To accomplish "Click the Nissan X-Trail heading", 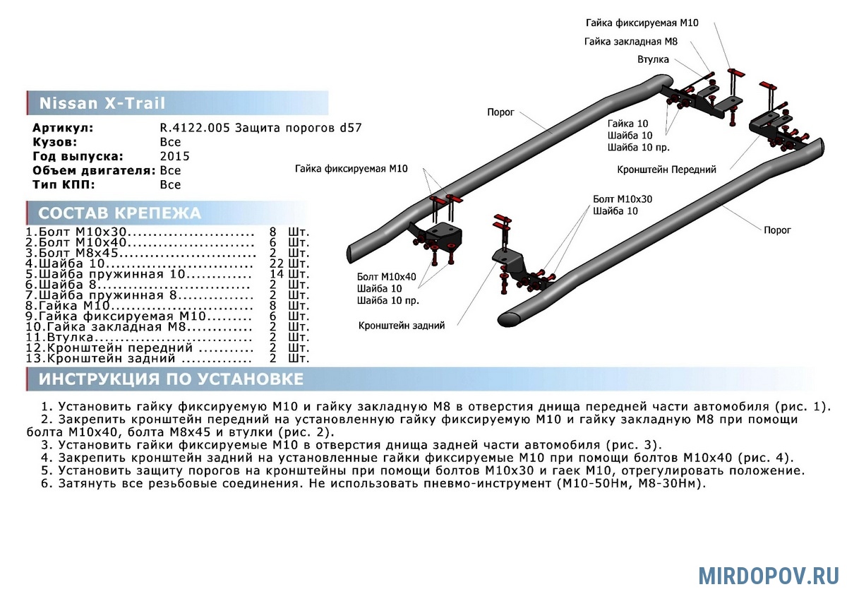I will [102, 104].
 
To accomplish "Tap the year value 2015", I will [174, 156].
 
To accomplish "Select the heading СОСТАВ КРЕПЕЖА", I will [119, 213].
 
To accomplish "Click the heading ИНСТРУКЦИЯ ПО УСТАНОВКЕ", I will [171, 379].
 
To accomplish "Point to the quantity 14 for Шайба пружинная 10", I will [277, 274].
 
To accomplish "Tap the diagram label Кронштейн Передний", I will [666, 170].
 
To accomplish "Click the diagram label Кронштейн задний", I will [401, 326].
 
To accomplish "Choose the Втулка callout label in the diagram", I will [653, 59].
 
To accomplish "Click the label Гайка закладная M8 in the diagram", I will [630, 42].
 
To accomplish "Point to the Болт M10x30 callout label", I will [623, 199].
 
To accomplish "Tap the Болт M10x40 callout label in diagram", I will [386, 276].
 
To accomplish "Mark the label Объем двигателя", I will [94, 170].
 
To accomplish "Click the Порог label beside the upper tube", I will [500, 112].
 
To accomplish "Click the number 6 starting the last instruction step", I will [45, 484].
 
